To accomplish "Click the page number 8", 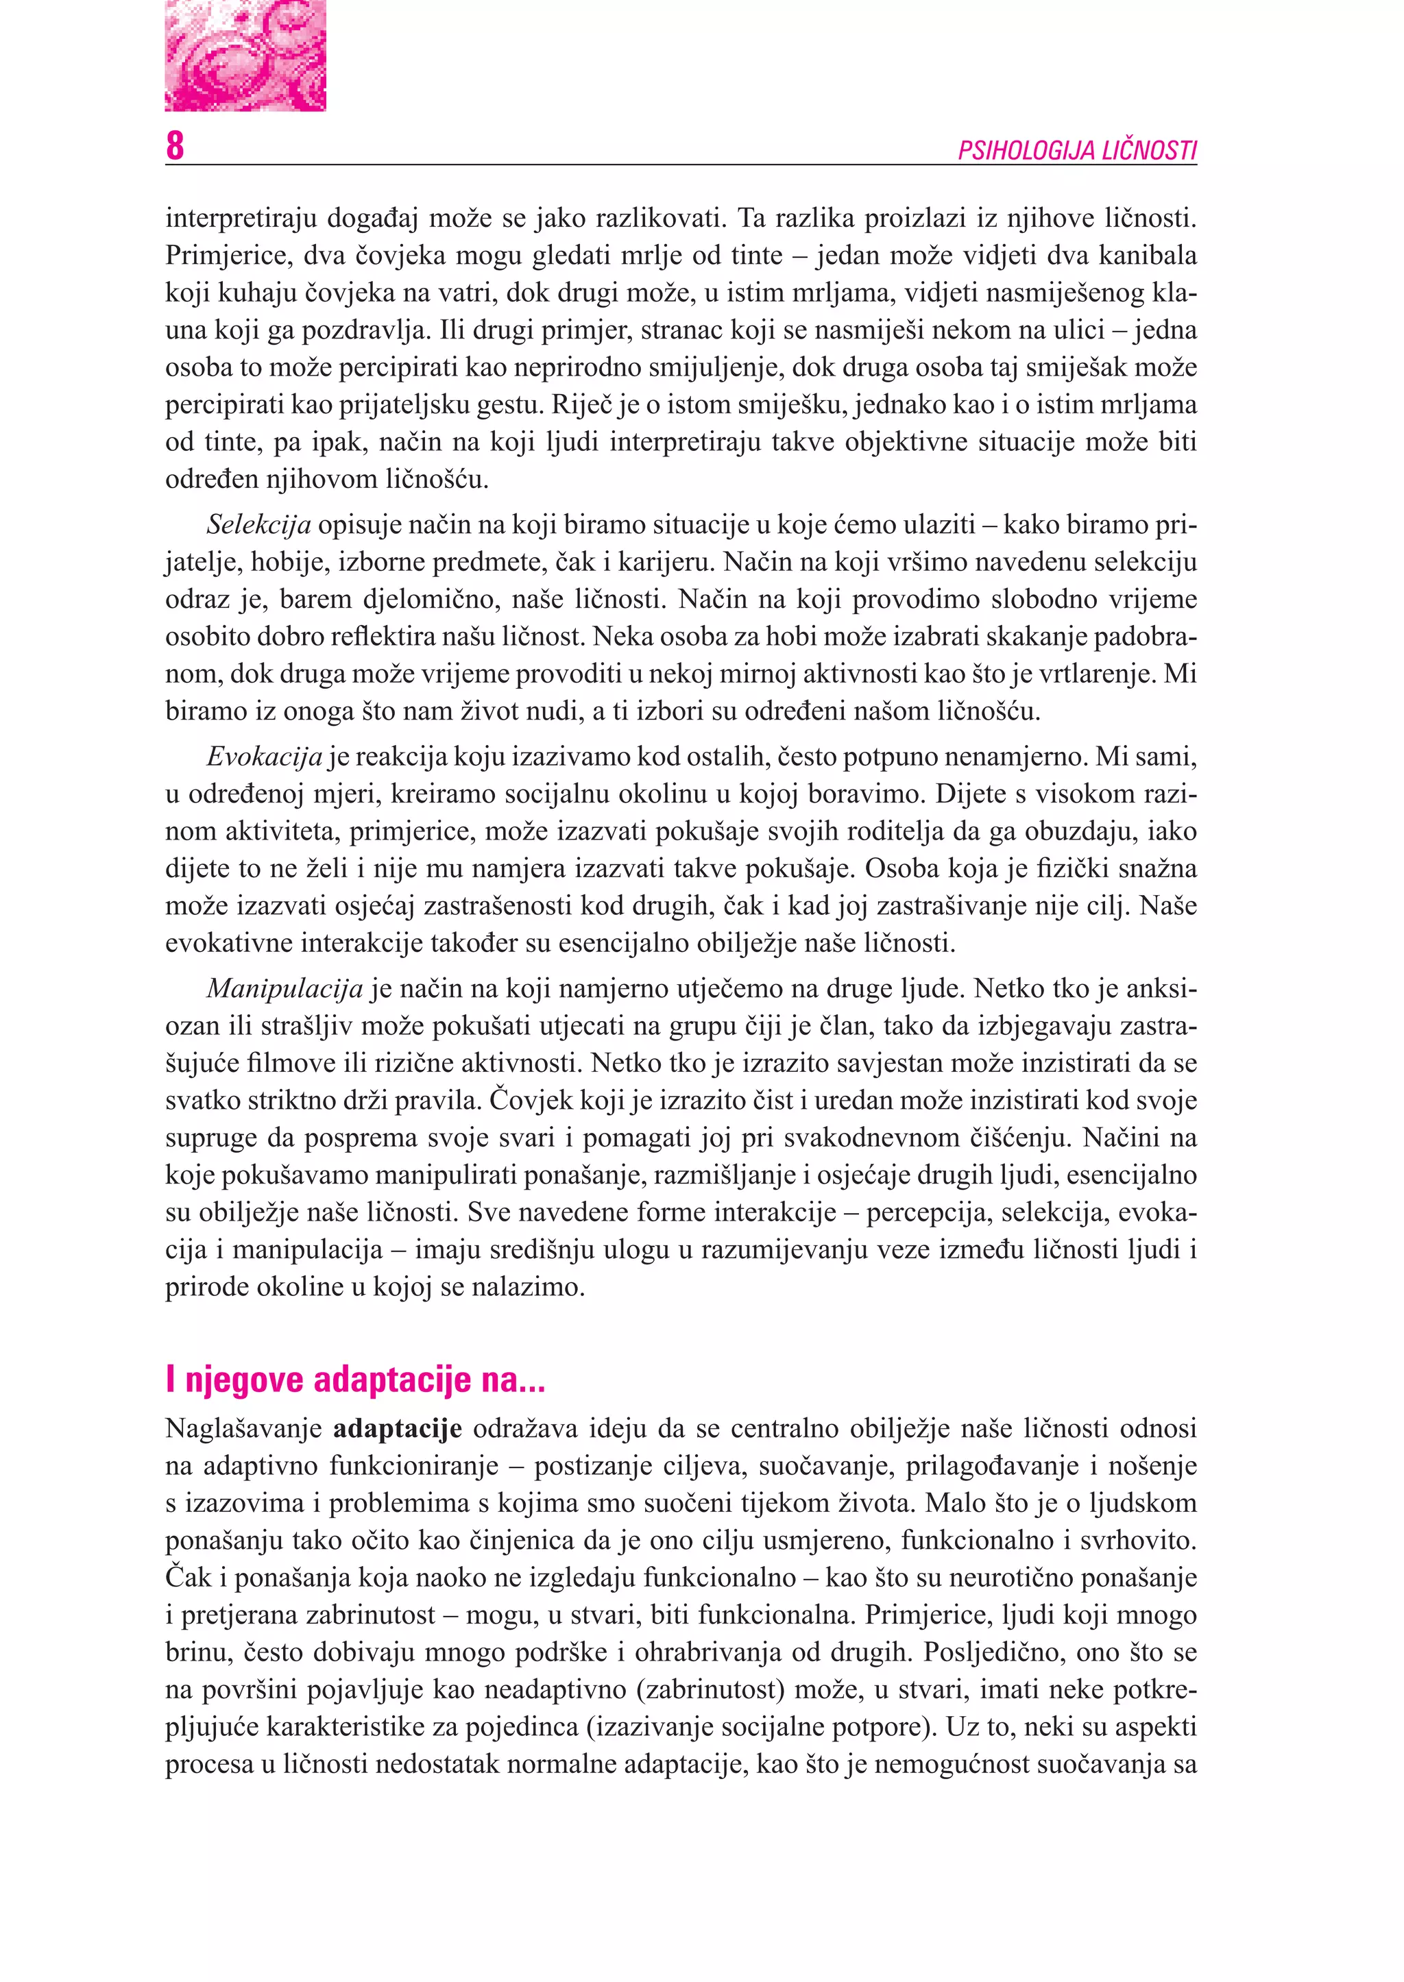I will click(x=175, y=145).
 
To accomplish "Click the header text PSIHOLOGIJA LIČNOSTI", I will click(x=1076, y=151).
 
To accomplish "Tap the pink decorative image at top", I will click(x=245, y=56).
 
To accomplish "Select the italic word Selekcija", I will click(x=258, y=525).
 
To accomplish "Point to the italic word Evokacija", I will click(x=264, y=757).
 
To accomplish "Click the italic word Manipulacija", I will click(x=285, y=988).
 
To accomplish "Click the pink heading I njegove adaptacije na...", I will click(x=354, y=1380).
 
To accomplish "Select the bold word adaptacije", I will click(x=398, y=1429).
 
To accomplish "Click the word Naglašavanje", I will click(x=243, y=1429).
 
